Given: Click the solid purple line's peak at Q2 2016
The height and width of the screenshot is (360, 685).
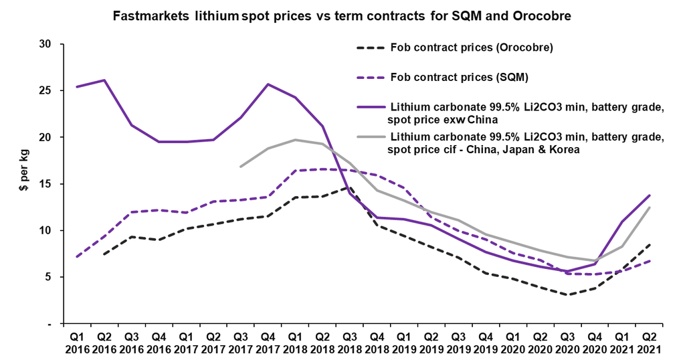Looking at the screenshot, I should (x=104, y=80).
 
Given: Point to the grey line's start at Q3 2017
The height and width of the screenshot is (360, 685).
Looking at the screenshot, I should (x=241, y=167).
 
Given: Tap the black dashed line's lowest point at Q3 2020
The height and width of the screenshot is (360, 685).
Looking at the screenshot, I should (x=567, y=294).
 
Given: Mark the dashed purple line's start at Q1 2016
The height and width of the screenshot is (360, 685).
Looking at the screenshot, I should (x=77, y=257).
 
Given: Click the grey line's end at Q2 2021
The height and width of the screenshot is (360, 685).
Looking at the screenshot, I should (x=649, y=207).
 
